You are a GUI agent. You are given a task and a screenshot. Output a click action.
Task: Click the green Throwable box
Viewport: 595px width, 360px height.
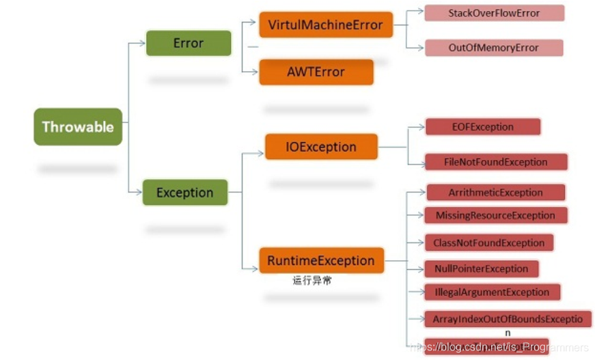pyautogui.click(x=78, y=126)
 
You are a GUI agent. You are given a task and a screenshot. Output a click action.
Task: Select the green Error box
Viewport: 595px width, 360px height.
pyautogui.click(x=188, y=43)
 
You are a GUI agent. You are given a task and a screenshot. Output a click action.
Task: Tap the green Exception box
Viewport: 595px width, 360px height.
pyautogui.click(x=184, y=193)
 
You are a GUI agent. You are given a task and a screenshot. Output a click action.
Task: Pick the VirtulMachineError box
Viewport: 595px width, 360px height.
pyautogui.click(x=325, y=25)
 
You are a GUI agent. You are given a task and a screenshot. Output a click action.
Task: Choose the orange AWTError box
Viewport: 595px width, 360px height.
pyautogui.click(x=316, y=72)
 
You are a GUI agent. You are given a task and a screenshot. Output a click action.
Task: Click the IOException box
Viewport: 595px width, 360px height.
pyautogui.click(x=321, y=147)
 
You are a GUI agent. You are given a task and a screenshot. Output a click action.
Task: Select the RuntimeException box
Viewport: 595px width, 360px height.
pyautogui.click(x=320, y=260)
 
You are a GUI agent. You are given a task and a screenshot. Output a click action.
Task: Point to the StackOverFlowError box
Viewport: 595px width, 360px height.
pyautogui.click(x=494, y=13)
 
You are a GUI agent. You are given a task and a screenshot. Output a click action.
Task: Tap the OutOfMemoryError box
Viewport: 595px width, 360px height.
pyautogui.click(x=493, y=48)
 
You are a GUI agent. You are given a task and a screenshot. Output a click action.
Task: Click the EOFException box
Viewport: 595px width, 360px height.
pyautogui.click(x=482, y=126)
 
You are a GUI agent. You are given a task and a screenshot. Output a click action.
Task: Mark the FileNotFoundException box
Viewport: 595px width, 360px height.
pyautogui.click(x=496, y=162)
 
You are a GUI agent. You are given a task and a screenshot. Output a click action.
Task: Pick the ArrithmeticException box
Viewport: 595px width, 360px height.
pyautogui.click(x=495, y=193)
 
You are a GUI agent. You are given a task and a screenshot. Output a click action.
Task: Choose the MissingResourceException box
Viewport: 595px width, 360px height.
pyautogui.click(x=495, y=215)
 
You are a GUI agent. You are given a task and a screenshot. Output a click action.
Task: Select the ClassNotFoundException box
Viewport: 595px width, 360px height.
pyautogui.click(x=488, y=243)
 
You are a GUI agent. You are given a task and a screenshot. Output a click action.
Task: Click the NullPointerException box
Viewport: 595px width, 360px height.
pyautogui.click(x=481, y=268)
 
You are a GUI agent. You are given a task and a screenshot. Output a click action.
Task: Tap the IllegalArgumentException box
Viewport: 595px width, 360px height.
pyautogui.click(x=492, y=292)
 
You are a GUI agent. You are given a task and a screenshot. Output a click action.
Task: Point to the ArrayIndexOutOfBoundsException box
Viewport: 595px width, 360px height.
pyautogui.click(x=507, y=319)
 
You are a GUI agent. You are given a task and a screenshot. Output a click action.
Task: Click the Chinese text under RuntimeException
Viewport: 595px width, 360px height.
pyautogui.click(x=312, y=280)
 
